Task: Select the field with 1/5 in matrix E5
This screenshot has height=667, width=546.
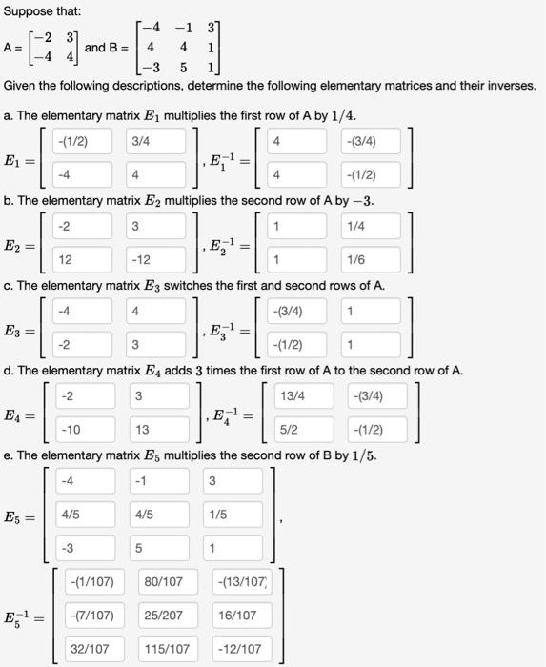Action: tap(234, 514)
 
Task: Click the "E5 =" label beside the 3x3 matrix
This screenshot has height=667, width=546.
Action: tap(21, 518)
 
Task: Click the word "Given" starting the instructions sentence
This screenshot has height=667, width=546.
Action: tap(22, 87)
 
